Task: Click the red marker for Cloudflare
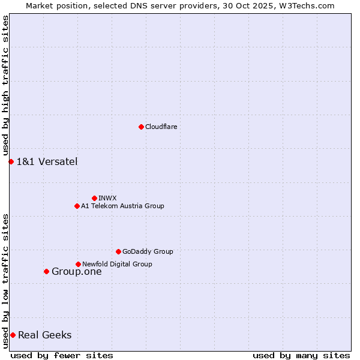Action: pos(141,127)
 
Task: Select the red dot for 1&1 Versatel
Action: pos(11,161)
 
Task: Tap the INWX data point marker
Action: pos(94,198)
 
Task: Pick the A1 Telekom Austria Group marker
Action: pos(77,206)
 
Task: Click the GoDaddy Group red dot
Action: pos(118,251)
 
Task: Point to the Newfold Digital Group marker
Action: pos(78,264)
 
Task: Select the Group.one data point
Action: pos(46,271)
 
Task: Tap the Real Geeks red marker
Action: pos(13,335)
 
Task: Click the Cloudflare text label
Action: pos(161,127)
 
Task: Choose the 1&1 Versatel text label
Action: pos(47,161)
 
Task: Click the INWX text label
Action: pos(107,198)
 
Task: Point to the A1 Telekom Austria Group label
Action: pos(122,206)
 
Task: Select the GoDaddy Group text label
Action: pos(148,251)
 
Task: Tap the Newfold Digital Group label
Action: pos(117,264)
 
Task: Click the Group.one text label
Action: pos(77,271)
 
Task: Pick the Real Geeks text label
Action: pos(45,335)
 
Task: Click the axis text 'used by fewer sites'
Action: pos(62,355)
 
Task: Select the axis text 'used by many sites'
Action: pos(301,355)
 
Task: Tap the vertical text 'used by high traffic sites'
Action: pos(5,86)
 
